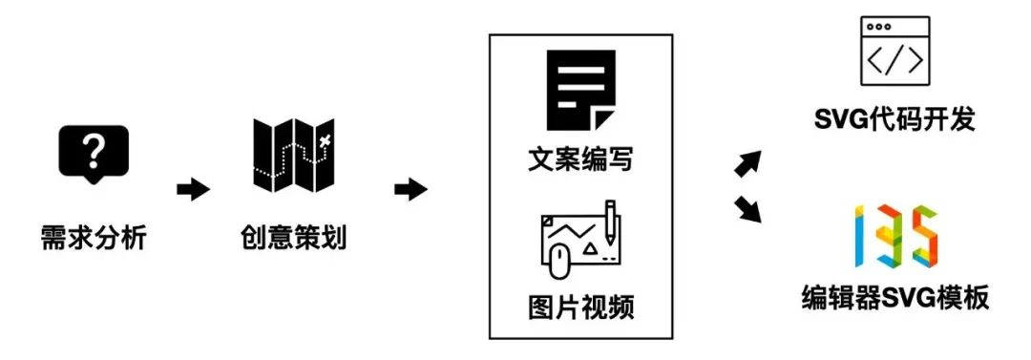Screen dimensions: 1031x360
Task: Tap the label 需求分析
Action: pos(94,237)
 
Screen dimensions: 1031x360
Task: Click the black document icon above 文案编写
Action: pos(580,90)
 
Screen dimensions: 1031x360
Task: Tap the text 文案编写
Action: pos(580,159)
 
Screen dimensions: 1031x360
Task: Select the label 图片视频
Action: pos(580,308)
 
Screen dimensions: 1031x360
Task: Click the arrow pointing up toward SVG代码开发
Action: pos(749,162)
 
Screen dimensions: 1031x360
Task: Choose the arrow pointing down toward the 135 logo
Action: pos(749,209)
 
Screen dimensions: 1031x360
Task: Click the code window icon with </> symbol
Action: pos(894,53)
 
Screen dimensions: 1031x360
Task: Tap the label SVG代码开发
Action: pos(894,121)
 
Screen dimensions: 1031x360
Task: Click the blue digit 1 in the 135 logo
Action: pos(862,236)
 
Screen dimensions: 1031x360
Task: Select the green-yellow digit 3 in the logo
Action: pos(890,237)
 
